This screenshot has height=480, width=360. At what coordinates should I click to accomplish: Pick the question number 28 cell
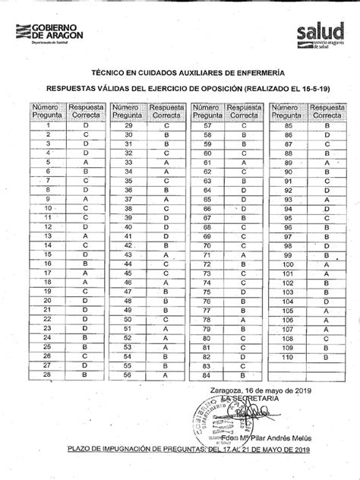[48, 374]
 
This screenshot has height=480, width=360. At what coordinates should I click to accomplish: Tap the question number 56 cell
[128, 374]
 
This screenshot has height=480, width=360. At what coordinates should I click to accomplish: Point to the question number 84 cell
[207, 374]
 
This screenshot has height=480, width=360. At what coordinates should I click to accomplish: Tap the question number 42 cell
[128, 245]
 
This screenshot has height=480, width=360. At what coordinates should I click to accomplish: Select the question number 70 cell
[207, 245]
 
